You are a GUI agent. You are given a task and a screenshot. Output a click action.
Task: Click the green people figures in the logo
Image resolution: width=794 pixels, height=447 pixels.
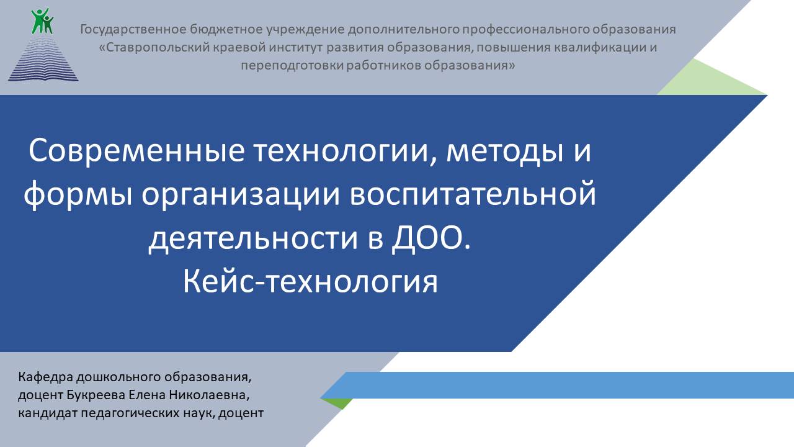pyautogui.click(x=42, y=21)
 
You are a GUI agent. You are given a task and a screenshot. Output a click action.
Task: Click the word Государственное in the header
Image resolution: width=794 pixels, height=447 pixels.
pyautogui.click(x=133, y=29)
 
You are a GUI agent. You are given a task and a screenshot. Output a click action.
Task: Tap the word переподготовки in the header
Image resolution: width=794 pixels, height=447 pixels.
pyautogui.click(x=292, y=66)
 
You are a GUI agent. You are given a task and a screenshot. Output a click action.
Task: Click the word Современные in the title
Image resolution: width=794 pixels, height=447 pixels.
pyautogui.click(x=136, y=150)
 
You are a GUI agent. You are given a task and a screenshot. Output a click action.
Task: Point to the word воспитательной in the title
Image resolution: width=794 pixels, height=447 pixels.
pyautogui.click(x=473, y=194)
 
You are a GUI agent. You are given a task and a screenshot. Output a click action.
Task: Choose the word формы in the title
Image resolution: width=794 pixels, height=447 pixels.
pyautogui.click(x=78, y=195)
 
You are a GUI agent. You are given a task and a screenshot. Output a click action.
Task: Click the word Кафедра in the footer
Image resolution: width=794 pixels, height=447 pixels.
pyautogui.click(x=45, y=377)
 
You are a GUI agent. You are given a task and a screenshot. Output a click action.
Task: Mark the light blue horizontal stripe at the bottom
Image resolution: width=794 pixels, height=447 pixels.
pyautogui.click(x=557, y=385)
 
